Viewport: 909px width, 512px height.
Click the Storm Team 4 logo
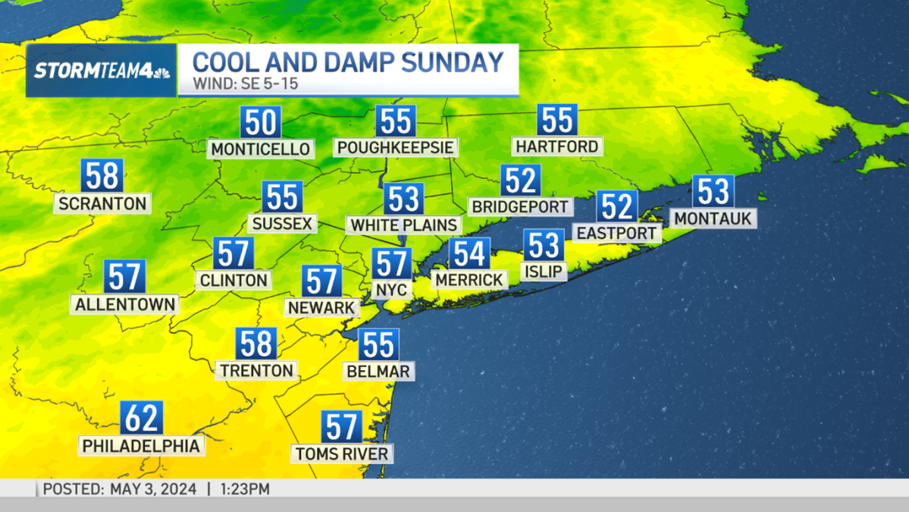pyautogui.click(x=102, y=71)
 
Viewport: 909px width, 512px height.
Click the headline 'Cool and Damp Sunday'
pyautogui.click(x=348, y=61)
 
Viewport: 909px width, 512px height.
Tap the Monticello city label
pyautogui.click(x=261, y=149)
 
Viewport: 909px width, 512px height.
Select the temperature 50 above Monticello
pyautogui.click(x=261, y=122)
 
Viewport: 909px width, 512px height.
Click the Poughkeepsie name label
pyautogui.click(x=396, y=146)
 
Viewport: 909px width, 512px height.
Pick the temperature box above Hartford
pyautogui.click(x=557, y=120)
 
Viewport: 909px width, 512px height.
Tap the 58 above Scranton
pyautogui.click(x=102, y=176)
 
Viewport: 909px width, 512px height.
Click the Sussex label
pyautogui.click(x=282, y=224)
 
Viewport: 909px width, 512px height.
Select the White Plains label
pyautogui.click(x=404, y=225)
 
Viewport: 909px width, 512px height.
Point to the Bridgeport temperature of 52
pyautogui.click(x=521, y=181)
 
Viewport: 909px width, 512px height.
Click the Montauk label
pyautogui.click(x=713, y=218)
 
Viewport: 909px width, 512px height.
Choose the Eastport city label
pyautogui.click(x=616, y=233)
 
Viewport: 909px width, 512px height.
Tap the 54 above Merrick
pyautogui.click(x=469, y=253)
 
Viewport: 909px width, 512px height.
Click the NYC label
pyautogui.click(x=392, y=290)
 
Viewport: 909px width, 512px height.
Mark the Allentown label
pyautogui.click(x=125, y=304)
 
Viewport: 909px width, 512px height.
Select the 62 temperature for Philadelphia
pyautogui.click(x=142, y=418)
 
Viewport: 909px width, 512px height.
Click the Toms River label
pyautogui.click(x=342, y=454)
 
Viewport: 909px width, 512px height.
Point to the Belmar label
pyautogui.click(x=378, y=371)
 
